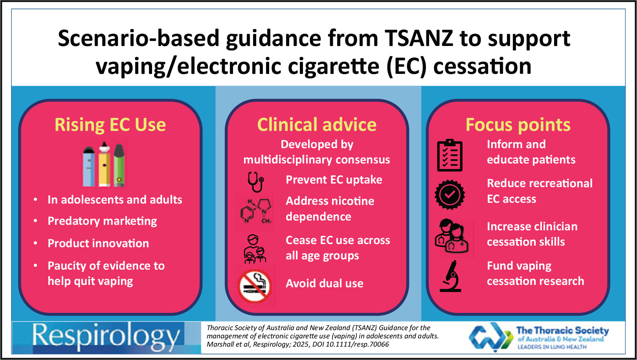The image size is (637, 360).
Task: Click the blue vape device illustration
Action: [x=89, y=167]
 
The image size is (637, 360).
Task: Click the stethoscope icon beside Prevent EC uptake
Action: [x=256, y=182]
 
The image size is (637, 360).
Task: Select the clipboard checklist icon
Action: [x=450, y=155]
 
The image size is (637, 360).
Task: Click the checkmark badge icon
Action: [x=450, y=195]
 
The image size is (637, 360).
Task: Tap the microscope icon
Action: [x=451, y=276]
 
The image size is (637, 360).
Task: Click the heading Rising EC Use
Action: [x=110, y=125]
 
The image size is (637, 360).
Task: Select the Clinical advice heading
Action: [x=317, y=125]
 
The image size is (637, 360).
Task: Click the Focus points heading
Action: [x=518, y=125]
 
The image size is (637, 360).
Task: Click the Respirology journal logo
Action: [x=106, y=338]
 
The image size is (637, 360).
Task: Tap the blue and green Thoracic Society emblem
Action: [x=491, y=337]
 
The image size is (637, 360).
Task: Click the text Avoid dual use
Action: [x=325, y=283]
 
